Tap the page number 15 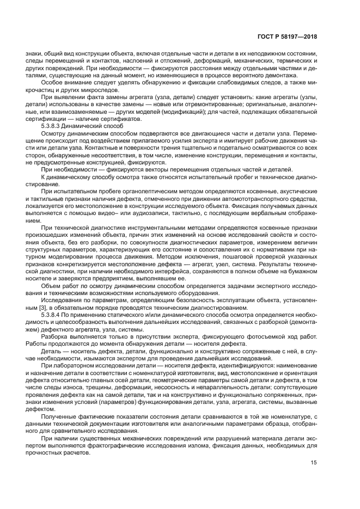(313, 463)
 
